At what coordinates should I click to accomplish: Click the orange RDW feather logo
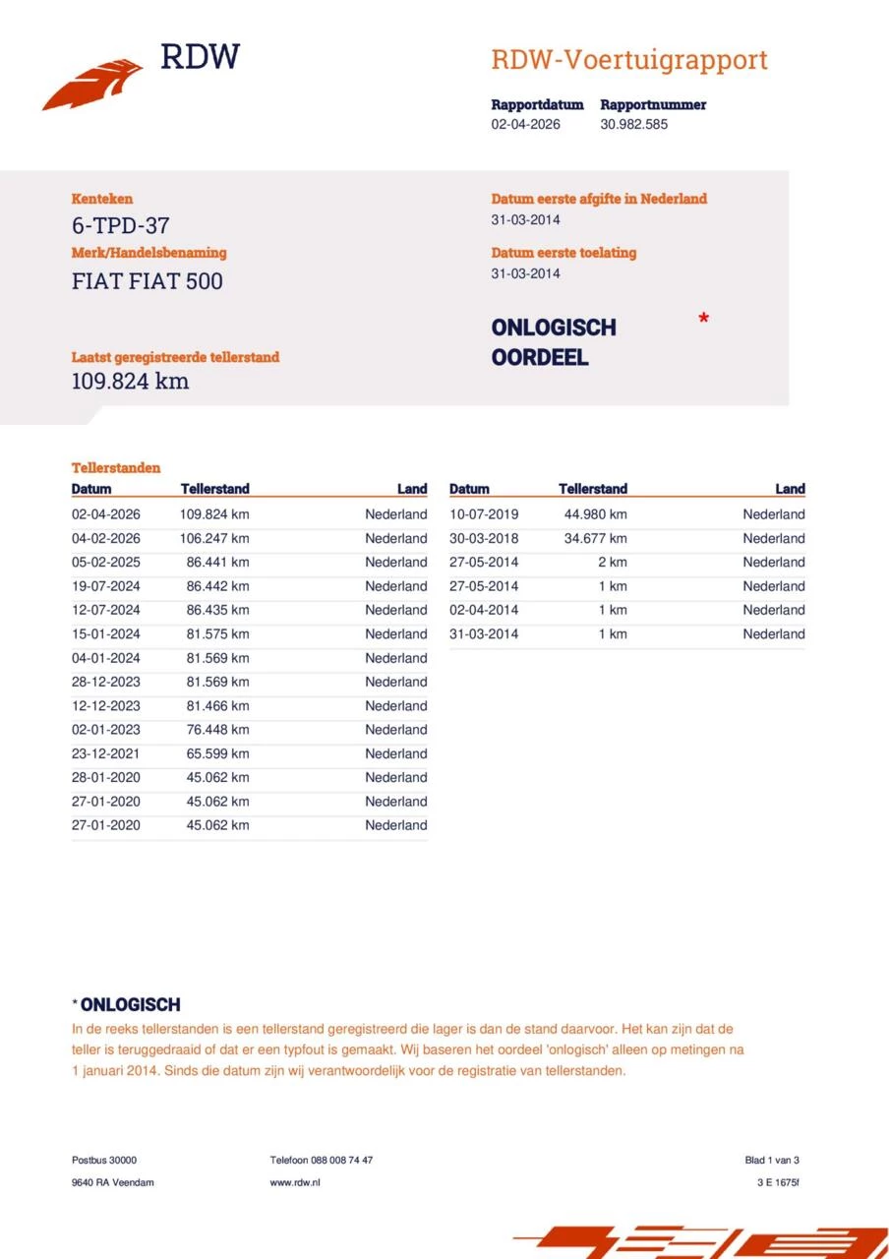point(92,85)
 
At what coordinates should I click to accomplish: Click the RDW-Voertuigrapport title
point(628,60)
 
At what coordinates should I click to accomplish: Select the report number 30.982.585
point(633,125)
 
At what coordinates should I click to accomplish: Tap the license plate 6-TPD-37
point(120,225)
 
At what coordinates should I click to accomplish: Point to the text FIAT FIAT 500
point(147,281)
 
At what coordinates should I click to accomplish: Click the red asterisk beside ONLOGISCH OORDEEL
point(703,319)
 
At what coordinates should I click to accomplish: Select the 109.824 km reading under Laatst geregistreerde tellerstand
point(130,382)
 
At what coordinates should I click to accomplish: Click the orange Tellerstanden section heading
point(116,468)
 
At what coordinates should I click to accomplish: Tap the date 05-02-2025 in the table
point(106,563)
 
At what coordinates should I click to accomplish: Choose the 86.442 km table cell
point(217,586)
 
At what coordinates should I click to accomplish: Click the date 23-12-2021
point(106,753)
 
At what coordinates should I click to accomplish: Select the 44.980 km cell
point(595,514)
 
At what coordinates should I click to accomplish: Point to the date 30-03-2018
point(484,538)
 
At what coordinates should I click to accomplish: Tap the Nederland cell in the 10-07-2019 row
point(773,514)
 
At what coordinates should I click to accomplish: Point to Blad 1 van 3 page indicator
point(772,1161)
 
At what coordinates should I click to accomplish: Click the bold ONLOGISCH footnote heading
point(130,1005)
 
